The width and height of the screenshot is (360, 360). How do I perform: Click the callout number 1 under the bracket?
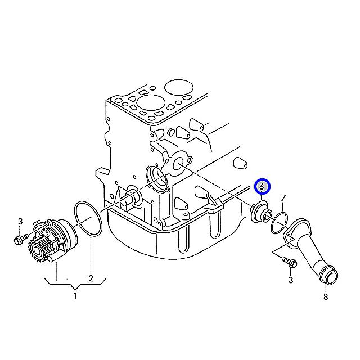75,296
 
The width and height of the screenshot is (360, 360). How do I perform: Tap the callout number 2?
91,277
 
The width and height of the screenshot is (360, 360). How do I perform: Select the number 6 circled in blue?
262,186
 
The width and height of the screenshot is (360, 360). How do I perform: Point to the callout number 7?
283,197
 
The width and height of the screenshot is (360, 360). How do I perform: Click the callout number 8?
325,296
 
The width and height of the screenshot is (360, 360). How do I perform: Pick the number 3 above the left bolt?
20,220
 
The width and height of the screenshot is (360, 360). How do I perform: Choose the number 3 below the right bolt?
290,279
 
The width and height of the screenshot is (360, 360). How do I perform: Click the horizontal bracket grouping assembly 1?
75,284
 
